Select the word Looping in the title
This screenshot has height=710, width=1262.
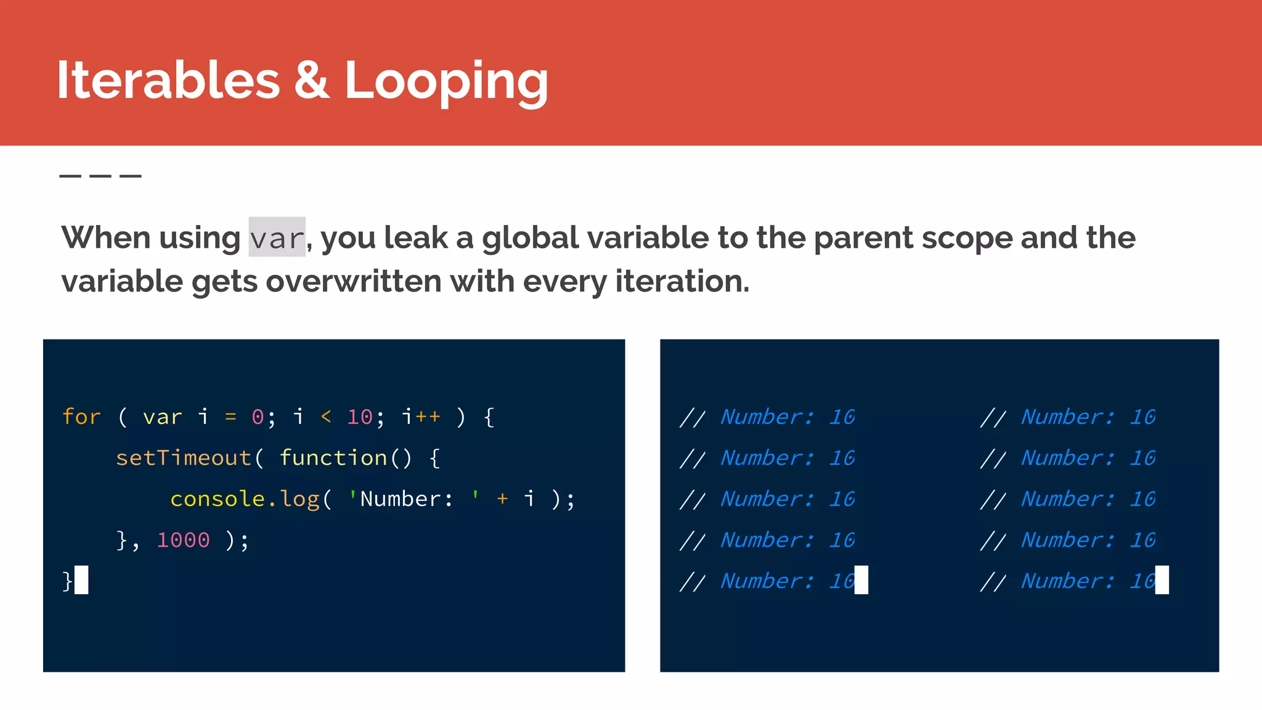click(446, 81)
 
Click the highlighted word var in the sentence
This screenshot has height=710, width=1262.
click(277, 238)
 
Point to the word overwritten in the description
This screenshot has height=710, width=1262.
click(354, 282)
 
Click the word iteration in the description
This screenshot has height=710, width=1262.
click(682, 282)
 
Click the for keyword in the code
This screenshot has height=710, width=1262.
click(81, 417)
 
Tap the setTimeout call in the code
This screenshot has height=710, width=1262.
click(184, 458)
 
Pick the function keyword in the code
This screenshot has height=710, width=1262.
click(333, 458)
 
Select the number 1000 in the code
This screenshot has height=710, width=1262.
click(183, 540)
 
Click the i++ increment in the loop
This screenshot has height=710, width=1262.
click(421, 417)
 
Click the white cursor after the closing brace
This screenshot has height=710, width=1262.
click(81, 580)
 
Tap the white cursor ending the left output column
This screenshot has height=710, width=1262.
click(861, 580)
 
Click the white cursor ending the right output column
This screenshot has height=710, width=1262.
click(1162, 580)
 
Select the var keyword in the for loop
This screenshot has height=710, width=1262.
click(163, 417)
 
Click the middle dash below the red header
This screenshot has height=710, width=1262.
click(100, 176)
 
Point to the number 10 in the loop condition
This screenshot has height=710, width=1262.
click(360, 417)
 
